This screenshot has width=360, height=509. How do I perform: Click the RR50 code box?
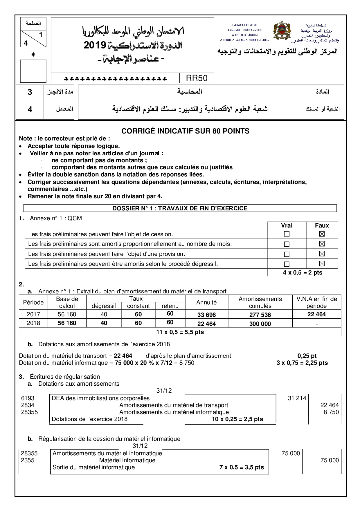click(x=197, y=78)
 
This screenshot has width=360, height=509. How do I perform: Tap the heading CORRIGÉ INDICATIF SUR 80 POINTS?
click(x=185, y=131)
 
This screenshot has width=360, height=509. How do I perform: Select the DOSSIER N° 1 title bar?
click(x=180, y=208)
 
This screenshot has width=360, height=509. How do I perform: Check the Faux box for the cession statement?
click(x=322, y=234)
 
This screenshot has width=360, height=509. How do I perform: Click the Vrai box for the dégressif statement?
click(x=287, y=264)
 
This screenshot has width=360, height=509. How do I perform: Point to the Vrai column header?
click(x=287, y=225)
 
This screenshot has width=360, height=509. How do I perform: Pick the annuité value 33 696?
click(x=206, y=315)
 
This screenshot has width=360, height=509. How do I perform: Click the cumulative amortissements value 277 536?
click(x=260, y=315)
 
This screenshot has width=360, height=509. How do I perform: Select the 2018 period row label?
click(x=33, y=323)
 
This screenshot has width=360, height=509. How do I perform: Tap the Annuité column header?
click(x=206, y=302)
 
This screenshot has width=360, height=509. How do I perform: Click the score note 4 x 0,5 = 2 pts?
click(x=303, y=272)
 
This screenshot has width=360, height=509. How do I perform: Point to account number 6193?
click(x=28, y=398)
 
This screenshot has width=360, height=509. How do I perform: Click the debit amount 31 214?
click(x=297, y=398)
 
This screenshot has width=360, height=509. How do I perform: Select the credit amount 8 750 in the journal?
click(x=331, y=412)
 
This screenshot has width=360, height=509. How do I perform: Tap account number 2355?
click(x=28, y=460)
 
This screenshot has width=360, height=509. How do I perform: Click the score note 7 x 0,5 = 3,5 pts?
click(x=242, y=467)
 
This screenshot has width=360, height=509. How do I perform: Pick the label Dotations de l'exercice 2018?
click(x=89, y=419)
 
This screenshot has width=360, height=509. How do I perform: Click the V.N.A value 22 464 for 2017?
click(x=316, y=314)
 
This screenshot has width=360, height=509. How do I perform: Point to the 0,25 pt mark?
click(x=307, y=356)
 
